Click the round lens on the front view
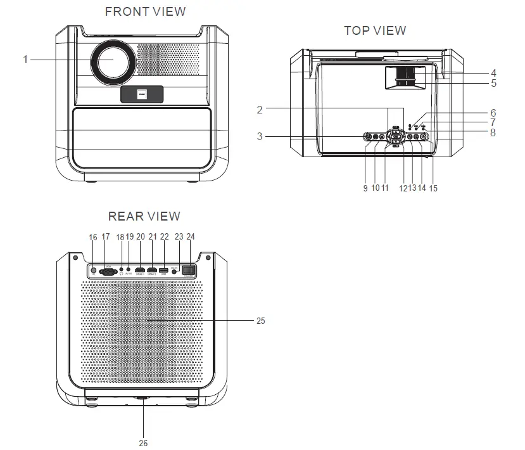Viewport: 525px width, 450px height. point(115,61)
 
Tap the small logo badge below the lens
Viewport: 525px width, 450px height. point(142,94)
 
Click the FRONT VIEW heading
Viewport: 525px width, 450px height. point(145,11)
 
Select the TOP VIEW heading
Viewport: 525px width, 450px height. point(375,30)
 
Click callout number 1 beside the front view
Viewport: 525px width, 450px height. point(26,60)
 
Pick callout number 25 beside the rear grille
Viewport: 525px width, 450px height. point(260,321)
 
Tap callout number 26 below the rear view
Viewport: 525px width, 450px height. point(143,443)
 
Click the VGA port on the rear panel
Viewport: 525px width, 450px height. point(107,270)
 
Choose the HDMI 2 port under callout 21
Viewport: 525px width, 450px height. point(153,270)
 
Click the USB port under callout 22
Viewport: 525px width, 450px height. point(165,270)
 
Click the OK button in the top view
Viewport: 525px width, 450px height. point(396,136)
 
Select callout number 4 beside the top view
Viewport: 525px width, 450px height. point(493,73)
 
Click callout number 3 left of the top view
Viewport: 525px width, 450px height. point(259,136)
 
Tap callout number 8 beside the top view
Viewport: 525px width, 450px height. point(493,133)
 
